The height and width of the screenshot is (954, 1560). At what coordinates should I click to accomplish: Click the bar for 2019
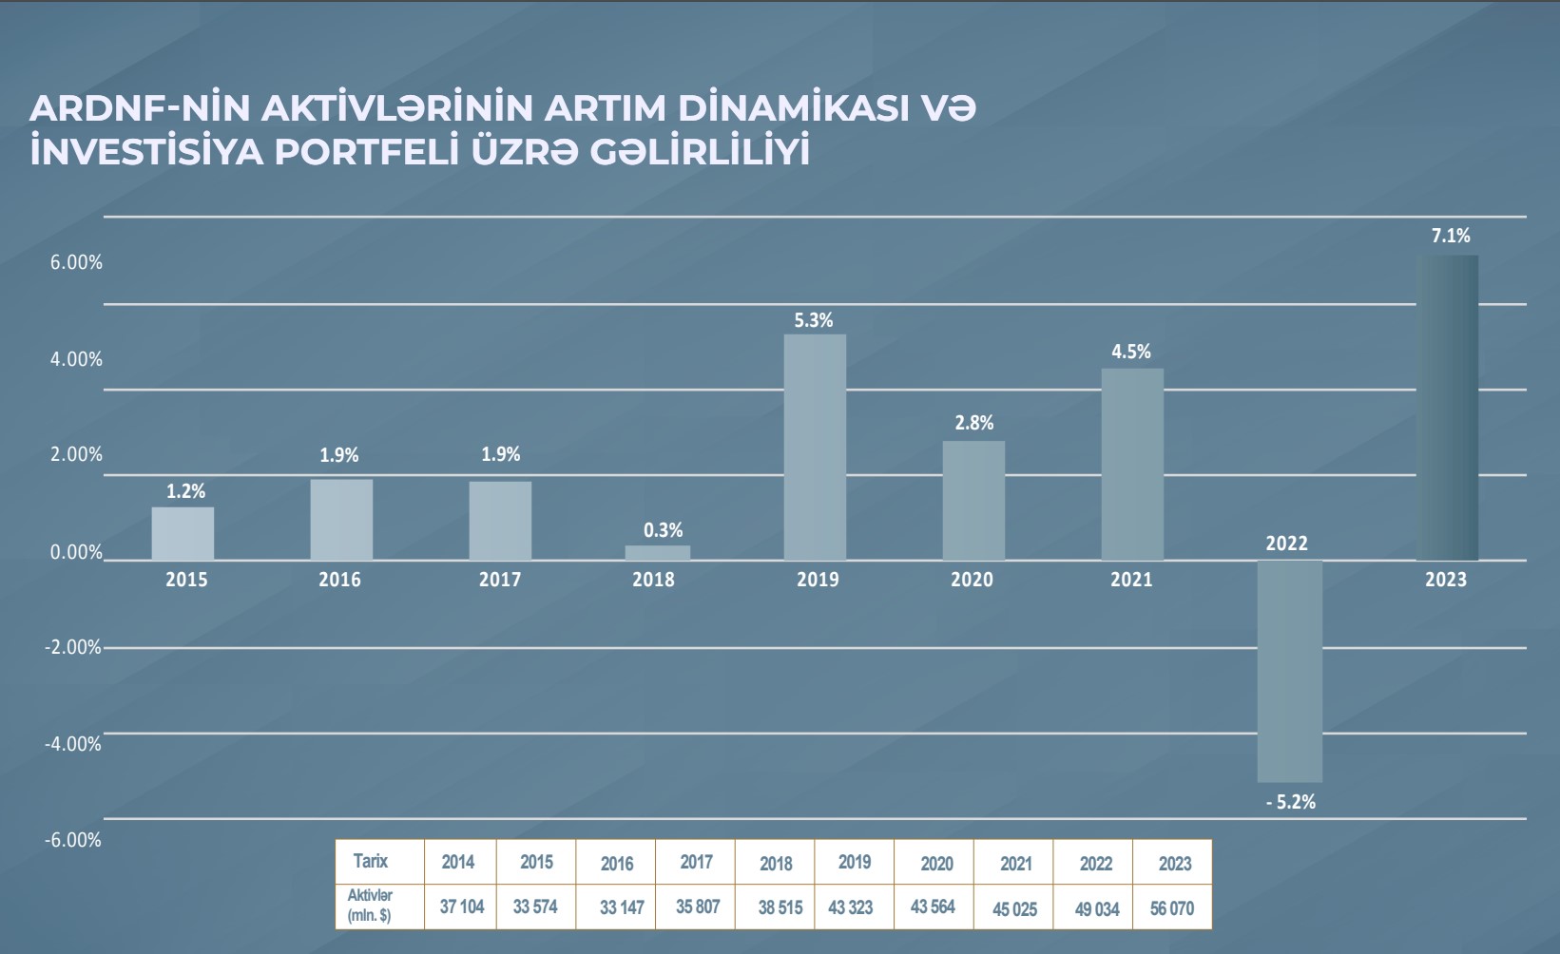point(815,447)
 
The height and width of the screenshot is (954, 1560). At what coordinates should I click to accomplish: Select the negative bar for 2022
point(1289,671)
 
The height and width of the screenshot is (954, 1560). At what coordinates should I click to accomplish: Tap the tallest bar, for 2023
point(1448,408)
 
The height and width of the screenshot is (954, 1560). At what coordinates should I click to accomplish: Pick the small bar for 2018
point(657,552)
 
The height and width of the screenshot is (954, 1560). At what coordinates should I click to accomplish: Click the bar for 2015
point(183,533)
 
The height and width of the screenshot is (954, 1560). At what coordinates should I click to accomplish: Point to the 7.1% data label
point(1451,236)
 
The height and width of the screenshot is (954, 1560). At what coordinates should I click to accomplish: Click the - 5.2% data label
point(1291,802)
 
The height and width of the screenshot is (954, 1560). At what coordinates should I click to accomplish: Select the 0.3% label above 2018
point(663,530)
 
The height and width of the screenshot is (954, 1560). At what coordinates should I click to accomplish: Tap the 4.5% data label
point(1131,352)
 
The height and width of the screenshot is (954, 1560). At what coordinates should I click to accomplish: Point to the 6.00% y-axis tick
point(76,262)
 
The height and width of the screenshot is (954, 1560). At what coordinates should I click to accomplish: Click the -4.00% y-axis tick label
point(73,744)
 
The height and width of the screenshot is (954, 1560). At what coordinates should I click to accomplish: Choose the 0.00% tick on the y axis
point(76,552)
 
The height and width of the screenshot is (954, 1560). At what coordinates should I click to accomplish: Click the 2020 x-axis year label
point(972,580)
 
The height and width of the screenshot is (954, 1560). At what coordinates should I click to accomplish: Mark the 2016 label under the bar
point(339,580)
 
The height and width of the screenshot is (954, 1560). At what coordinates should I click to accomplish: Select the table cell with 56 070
point(1171,908)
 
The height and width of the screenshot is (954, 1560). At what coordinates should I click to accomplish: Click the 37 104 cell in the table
point(461,906)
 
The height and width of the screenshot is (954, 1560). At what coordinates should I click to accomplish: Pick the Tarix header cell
point(371,861)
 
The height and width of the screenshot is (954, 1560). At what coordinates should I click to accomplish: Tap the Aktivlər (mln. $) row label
point(371,906)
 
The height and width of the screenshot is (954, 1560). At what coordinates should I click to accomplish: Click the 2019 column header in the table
point(854,862)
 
